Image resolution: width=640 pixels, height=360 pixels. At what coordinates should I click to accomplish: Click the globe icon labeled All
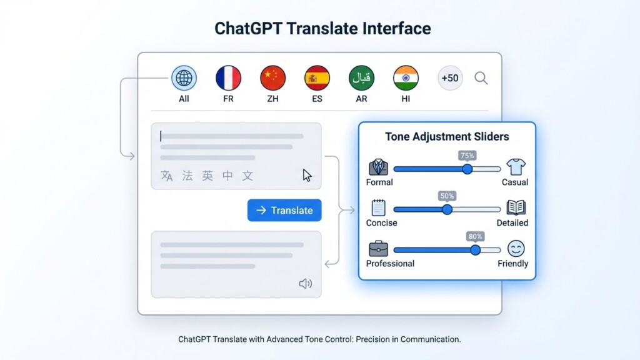[x=184, y=78]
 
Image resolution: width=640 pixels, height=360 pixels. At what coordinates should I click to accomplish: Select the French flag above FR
[x=228, y=78]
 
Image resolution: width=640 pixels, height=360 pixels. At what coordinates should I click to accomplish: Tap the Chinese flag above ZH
[x=272, y=78]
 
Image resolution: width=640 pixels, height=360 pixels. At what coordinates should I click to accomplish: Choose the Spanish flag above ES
[x=317, y=78]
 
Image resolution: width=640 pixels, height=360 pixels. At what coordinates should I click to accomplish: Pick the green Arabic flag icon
[x=361, y=78]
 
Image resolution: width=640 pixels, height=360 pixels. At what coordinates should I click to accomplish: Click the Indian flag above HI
[x=406, y=78]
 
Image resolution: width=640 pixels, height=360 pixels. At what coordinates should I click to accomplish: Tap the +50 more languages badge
[x=450, y=78]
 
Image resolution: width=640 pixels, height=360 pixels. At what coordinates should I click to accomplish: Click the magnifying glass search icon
[x=481, y=78]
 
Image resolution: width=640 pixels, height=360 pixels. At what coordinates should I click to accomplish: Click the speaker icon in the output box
[x=305, y=284]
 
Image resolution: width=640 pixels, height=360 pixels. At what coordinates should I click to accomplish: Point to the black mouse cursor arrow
[x=307, y=175]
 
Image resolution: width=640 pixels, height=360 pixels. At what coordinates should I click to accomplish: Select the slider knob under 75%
[x=467, y=169]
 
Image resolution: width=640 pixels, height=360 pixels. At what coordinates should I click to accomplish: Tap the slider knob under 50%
[x=447, y=209]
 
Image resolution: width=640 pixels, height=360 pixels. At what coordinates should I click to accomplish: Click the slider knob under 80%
[x=475, y=250]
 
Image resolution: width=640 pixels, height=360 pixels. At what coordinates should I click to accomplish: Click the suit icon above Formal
[x=378, y=167]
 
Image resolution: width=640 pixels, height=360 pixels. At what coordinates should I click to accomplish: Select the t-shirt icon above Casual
[x=516, y=167]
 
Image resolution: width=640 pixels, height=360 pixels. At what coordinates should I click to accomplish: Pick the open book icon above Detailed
[x=516, y=207]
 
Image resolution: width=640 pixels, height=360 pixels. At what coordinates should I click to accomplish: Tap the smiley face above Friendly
[x=516, y=249]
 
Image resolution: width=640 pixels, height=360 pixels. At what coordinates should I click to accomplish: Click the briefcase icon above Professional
[x=378, y=249]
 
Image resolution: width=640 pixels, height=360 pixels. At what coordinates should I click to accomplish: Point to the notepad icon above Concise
[x=378, y=207]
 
